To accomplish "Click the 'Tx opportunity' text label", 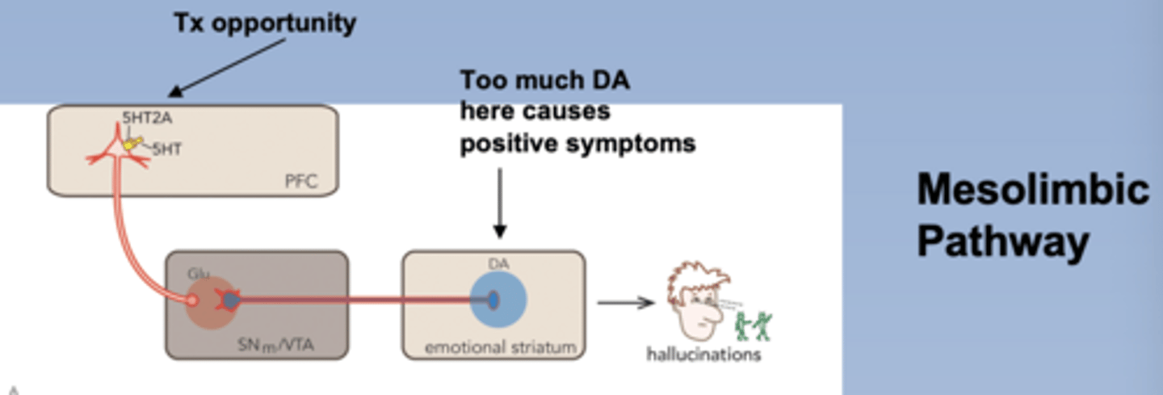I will pos(265,23).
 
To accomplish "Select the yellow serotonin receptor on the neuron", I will pos(132,144).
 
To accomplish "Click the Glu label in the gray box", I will pos(199,274).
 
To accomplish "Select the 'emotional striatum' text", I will pos(500,348).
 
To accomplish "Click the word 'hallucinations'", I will pos(703,355).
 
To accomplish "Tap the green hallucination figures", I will pos(754,324).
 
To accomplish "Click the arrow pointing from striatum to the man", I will pos(624,303).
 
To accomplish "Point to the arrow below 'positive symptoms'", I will pos(499,202).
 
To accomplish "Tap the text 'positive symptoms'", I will pos(577,144).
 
